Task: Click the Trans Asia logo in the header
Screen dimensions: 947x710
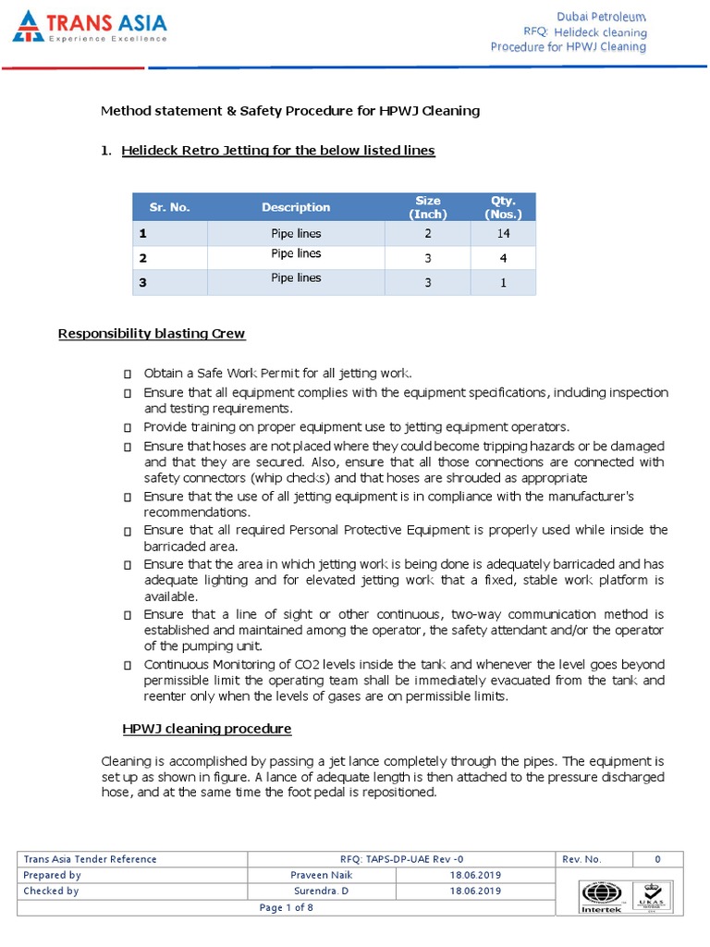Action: coord(90,27)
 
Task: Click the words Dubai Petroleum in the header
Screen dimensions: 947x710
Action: coord(601,17)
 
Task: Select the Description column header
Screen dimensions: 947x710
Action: coord(296,207)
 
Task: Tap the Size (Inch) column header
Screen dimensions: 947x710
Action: coord(428,207)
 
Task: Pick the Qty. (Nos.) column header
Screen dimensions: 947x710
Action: coord(504,207)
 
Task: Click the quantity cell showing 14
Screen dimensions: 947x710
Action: coord(504,234)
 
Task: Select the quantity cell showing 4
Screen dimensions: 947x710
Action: coord(504,259)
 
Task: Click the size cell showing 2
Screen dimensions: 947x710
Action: coord(428,234)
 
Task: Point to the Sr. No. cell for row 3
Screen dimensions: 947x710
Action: coord(143,283)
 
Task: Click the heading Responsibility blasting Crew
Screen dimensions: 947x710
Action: coord(152,333)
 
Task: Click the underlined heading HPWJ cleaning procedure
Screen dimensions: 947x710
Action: coord(207,729)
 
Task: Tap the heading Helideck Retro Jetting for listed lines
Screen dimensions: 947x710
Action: coord(277,150)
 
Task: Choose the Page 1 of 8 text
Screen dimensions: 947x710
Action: coord(287,908)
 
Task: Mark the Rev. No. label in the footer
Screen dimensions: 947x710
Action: coord(581,859)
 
